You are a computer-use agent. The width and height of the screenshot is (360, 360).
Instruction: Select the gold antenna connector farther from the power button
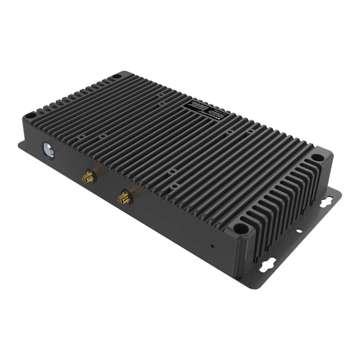click(x=122, y=198)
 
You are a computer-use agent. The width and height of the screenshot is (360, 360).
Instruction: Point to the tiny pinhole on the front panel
click(x=211, y=246)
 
